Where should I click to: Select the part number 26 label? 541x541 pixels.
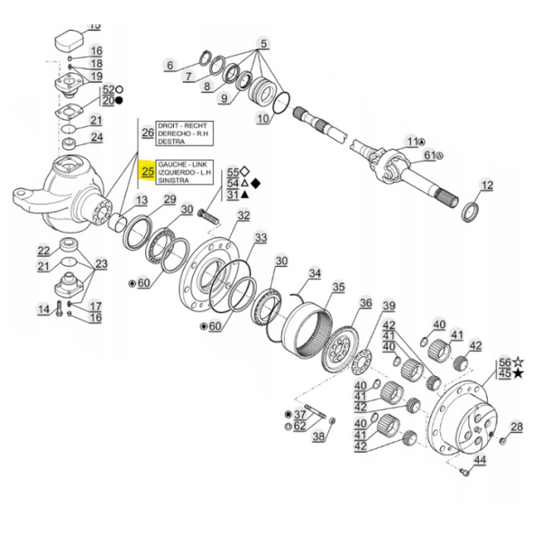click(x=148, y=133)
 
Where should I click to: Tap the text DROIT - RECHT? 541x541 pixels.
click(x=183, y=124)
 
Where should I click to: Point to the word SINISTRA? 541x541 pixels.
click(x=174, y=180)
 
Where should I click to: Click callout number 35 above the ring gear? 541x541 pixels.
click(x=338, y=288)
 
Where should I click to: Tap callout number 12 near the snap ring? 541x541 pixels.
click(x=487, y=187)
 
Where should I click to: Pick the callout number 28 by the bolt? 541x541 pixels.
click(x=516, y=426)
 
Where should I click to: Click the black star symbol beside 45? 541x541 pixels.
click(x=518, y=372)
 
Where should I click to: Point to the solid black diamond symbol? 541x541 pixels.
click(x=255, y=183)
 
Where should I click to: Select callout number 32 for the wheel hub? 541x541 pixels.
click(x=243, y=215)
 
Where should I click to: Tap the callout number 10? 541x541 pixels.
click(x=262, y=118)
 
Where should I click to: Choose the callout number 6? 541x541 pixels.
click(x=169, y=65)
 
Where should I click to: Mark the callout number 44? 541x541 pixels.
click(x=480, y=461)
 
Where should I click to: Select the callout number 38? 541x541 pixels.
click(x=318, y=437)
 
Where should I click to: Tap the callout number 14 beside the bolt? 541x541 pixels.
click(x=42, y=309)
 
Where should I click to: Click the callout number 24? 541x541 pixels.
click(x=96, y=138)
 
